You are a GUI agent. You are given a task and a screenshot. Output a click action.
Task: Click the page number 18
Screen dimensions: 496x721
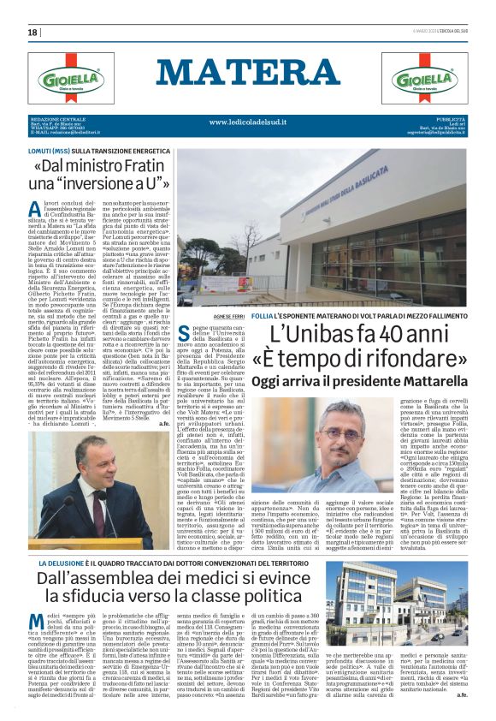[x=32, y=32]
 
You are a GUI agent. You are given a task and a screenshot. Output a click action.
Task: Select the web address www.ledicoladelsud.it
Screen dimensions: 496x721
[x=248, y=122]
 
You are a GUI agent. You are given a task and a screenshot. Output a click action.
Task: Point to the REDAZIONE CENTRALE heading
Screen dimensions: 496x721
[x=54, y=118]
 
